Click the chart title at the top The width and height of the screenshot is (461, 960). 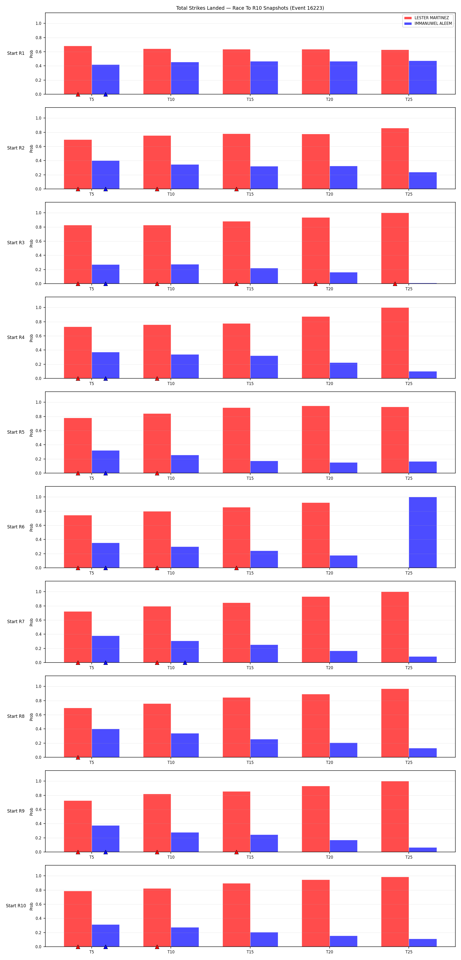coord(250,8)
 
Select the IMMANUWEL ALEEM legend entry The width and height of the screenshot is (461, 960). coord(428,24)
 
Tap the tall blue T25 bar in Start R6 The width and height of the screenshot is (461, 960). coord(423,532)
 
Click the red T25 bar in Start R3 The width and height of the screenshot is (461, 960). coord(395,248)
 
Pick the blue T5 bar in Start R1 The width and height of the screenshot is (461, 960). coord(106,79)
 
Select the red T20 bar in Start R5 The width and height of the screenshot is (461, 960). coord(316,439)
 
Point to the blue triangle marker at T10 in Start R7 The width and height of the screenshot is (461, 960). coord(185,662)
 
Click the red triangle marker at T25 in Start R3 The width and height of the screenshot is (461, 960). coord(395,284)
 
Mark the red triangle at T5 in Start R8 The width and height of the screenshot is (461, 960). coord(78,757)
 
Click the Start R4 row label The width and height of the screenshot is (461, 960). coord(16,337)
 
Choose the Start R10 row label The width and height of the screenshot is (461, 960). coord(16,905)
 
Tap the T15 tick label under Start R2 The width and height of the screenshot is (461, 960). coord(250,194)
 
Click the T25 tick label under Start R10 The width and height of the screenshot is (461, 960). coord(409,952)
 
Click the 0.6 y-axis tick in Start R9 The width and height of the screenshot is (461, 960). coord(38,809)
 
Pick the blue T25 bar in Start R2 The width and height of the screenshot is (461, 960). coord(423,181)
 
